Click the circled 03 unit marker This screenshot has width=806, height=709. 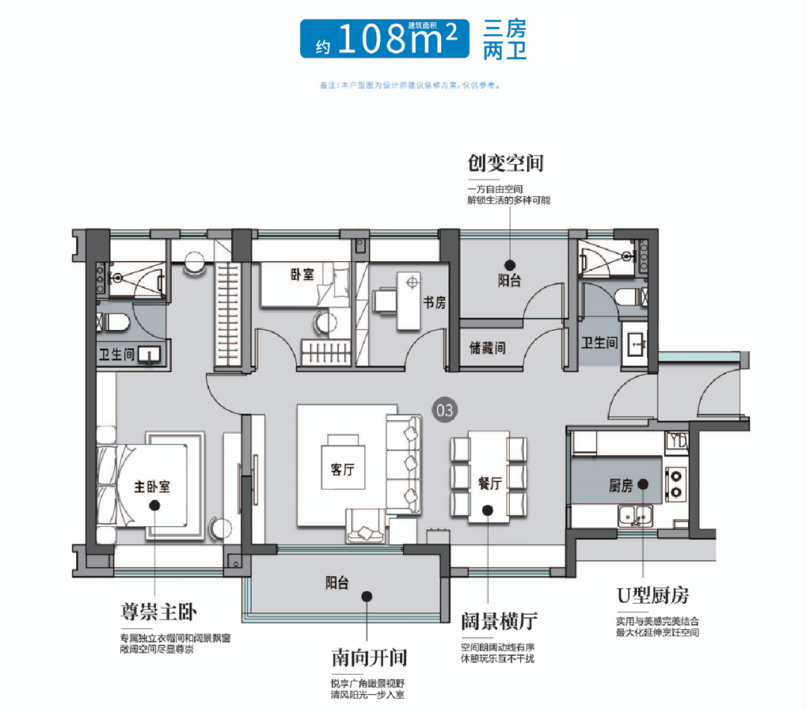pyautogui.click(x=443, y=410)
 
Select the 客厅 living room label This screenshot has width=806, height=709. pyautogui.click(x=343, y=469)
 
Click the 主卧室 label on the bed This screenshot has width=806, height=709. pyautogui.click(x=152, y=487)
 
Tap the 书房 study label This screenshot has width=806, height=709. pyautogui.click(x=434, y=302)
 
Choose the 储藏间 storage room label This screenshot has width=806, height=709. pyautogui.click(x=487, y=348)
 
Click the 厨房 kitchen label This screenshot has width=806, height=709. pyautogui.click(x=621, y=487)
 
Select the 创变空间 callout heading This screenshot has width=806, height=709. pyautogui.click(x=505, y=163)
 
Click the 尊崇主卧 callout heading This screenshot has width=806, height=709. pyautogui.click(x=158, y=613)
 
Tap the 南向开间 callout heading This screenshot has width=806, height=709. pyautogui.click(x=369, y=658)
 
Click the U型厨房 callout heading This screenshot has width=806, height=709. pyautogui.click(x=652, y=595)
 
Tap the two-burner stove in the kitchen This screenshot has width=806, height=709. pyautogui.click(x=675, y=482)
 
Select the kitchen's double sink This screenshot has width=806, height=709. pyautogui.click(x=634, y=514)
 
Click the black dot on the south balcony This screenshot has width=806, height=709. pyautogui.click(x=366, y=596)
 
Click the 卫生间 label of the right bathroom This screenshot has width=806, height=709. pyautogui.click(x=599, y=343)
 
